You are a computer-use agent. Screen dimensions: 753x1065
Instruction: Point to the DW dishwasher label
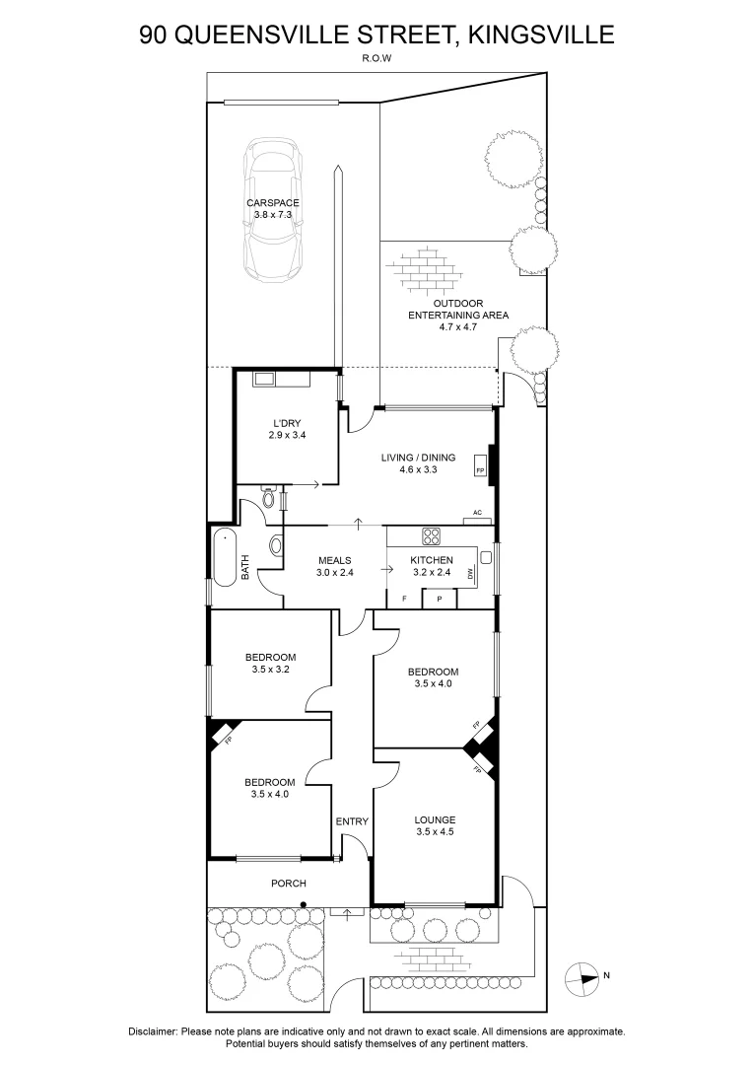(470, 575)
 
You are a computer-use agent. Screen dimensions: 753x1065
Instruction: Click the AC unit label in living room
(477, 512)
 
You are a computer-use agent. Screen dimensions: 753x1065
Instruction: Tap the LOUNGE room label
(436, 819)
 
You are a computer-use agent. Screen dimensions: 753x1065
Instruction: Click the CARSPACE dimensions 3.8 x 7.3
(273, 215)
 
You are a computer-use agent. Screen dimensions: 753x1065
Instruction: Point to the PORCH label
(289, 883)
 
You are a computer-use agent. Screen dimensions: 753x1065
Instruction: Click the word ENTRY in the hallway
(352, 821)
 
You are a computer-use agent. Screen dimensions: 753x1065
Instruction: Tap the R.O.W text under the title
(376, 58)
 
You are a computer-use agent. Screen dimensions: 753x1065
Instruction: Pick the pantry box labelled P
(440, 599)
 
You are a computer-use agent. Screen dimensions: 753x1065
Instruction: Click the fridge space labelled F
(405, 599)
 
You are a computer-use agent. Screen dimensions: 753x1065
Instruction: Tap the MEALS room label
(335, 560)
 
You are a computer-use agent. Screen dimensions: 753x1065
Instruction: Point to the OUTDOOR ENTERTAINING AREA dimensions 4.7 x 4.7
(458, 326)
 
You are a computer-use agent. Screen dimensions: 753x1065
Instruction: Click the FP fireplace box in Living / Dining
(480, 465)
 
